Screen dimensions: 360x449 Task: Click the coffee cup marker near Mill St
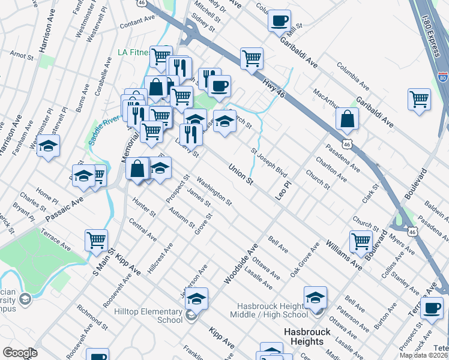pos(279,21)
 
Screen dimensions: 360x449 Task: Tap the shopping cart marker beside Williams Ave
pos(361,241)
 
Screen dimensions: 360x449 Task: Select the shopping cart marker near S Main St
pos(96,240)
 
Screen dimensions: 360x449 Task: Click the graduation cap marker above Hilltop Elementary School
pos(196,298)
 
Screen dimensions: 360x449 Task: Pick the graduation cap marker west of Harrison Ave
pos(48,146)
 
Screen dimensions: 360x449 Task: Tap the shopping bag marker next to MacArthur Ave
pos(348,119)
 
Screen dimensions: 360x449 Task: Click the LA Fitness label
pos(133,52)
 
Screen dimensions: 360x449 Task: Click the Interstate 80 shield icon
pos(442,77)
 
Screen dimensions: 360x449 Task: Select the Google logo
pos(20,353)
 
